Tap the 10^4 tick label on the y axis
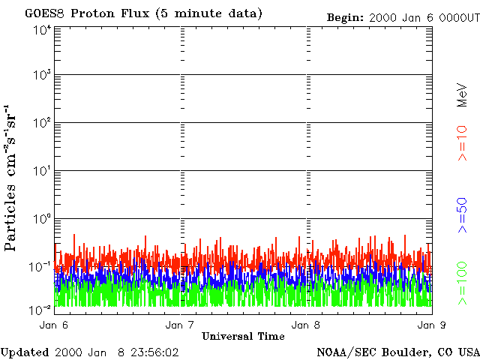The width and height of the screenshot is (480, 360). pyautogui.click(x=42, y=30)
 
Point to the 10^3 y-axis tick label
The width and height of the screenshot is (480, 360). pyautogui.click(x=42, y=75)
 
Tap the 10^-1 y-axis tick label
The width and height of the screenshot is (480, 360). pyautogui.click(x=40, y=266)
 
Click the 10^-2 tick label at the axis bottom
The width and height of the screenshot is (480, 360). pyautogui.click(x=40, y=308)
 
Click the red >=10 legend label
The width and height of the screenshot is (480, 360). pyautogui.click(x=463, y=143)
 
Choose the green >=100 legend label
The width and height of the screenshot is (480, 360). pyautogui.click(x=463, y=282)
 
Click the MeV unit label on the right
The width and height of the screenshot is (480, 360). pyautogui.click(x=463, y=96)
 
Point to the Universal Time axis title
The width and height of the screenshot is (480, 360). pyautogui.click(x=243, y=336)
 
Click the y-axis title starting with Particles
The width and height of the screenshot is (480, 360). pyautogui.click(x=13, y=187)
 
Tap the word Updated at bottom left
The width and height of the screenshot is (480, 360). pyautogui.click(x=25, y=352)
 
